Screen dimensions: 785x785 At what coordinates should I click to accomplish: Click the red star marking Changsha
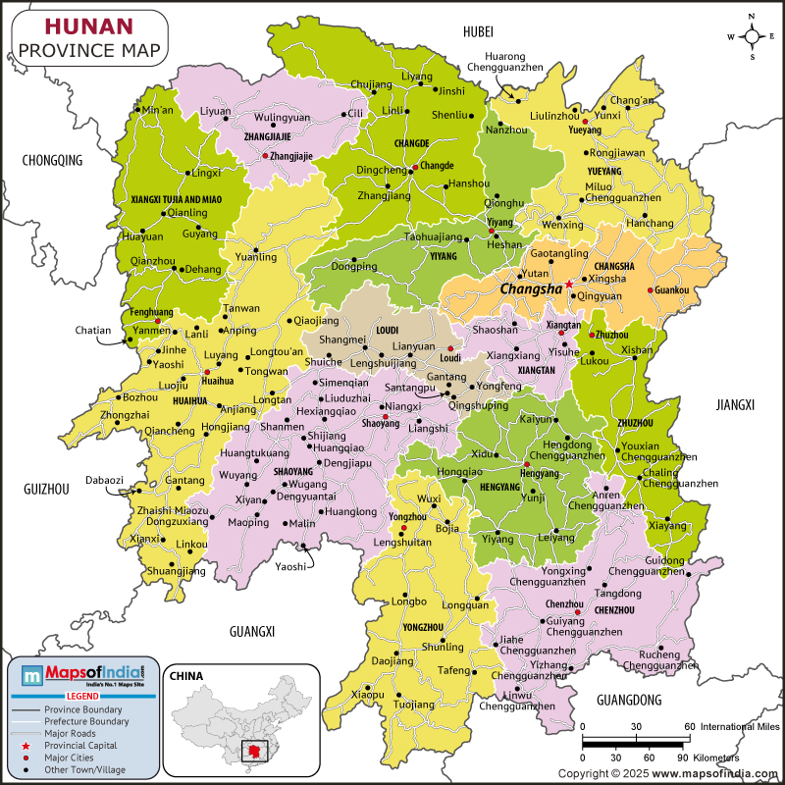[569, 285]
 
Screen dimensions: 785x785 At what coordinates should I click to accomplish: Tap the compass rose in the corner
[752, 36]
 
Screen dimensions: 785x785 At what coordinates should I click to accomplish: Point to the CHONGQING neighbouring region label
[52, 160]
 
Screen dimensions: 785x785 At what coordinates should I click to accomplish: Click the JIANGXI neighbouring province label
[735, 403]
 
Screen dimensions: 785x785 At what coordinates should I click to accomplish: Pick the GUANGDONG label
[628, 700]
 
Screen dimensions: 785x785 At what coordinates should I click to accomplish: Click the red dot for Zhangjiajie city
[265, 156]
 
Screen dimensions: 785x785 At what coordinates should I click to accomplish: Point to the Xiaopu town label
[367, 695]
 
